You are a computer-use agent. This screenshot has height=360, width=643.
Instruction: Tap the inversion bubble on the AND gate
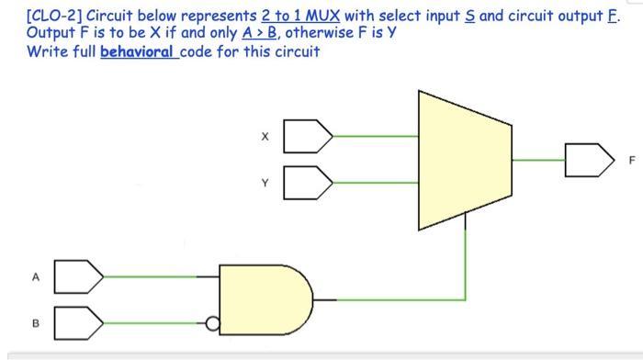(213, 323)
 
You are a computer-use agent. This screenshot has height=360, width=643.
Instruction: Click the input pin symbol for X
(306, 136)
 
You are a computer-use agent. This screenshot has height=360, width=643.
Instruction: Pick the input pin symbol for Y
(306, 181)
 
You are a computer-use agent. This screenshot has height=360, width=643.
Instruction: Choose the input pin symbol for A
(77, 275)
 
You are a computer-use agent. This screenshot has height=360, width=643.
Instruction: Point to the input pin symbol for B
(77, 323)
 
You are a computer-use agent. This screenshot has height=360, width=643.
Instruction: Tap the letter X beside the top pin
(265, 137)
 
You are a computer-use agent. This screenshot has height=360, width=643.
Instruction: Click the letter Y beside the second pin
(265, 182)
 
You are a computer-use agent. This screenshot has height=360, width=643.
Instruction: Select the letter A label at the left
(36, 276)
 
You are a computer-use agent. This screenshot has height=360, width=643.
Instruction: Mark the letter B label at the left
(36, 323)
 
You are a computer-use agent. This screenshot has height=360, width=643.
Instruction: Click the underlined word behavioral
(138, 51)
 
